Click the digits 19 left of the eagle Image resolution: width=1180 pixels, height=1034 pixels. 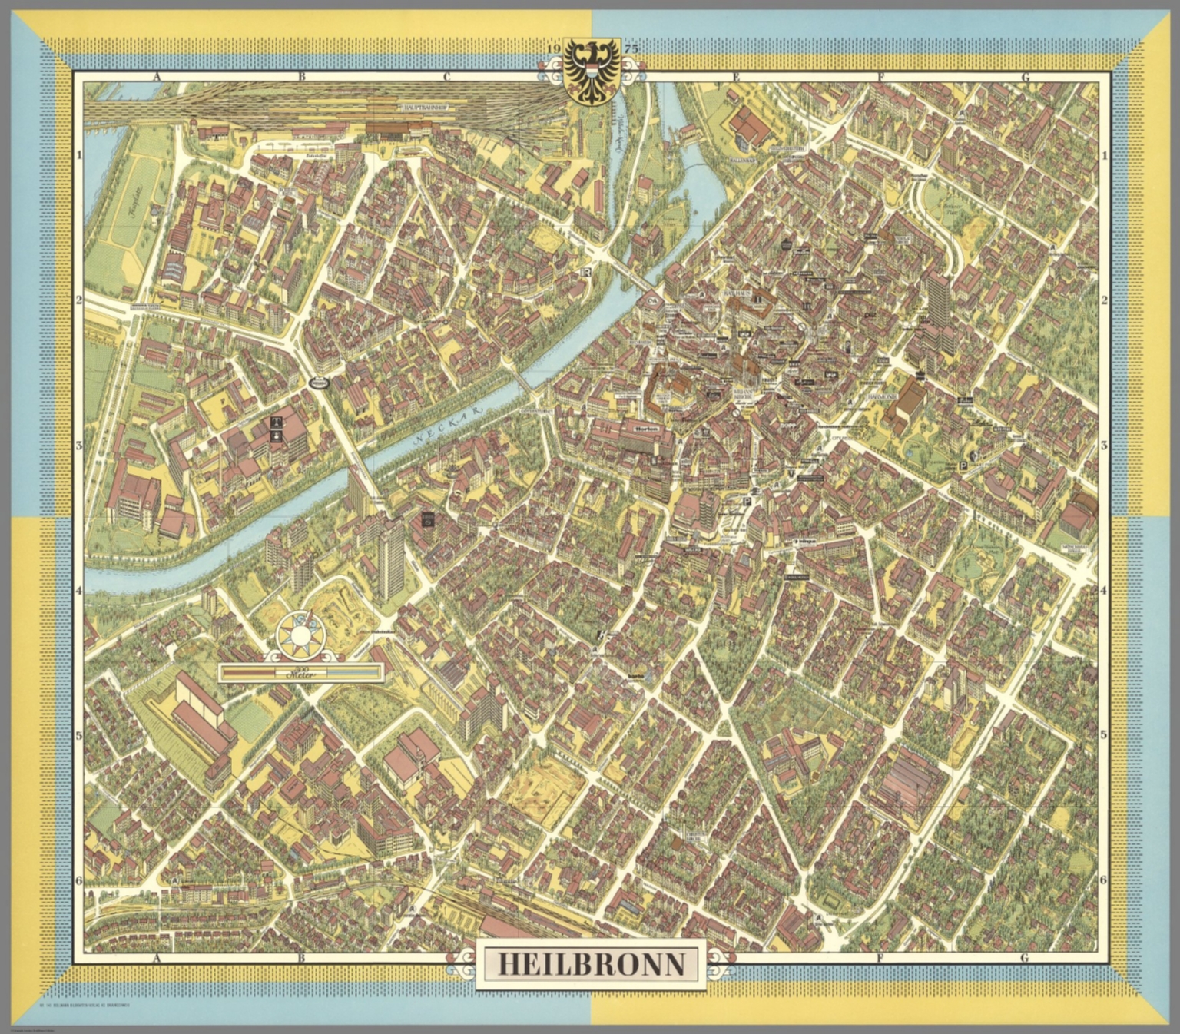(x=555, y=49)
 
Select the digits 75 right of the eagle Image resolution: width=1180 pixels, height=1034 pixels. (x=631, y=49)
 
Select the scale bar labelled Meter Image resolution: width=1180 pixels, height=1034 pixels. (x=300, y=674)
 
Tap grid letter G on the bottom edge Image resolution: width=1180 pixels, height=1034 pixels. (x=1024, y=958)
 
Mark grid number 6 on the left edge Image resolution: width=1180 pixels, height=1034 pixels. (x=78, y=880)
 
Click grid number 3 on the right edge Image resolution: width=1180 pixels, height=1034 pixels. (x=1104, y=446)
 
